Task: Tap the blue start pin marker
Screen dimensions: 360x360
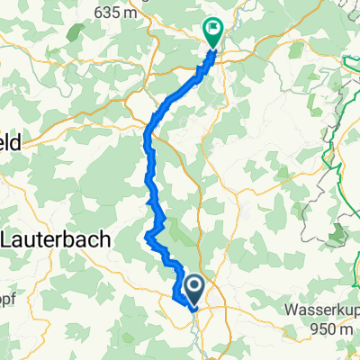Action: pyautogui.click(x=193, y=289)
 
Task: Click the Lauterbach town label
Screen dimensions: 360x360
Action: pyautogui.click(x=57, y=240)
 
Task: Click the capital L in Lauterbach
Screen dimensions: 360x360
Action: pyautogui.click(x=10, y=240)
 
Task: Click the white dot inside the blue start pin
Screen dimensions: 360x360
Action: pyautogui.click(x=193, y=285)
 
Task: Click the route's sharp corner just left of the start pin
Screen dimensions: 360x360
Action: pyautogui.click(x=172, y=293)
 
